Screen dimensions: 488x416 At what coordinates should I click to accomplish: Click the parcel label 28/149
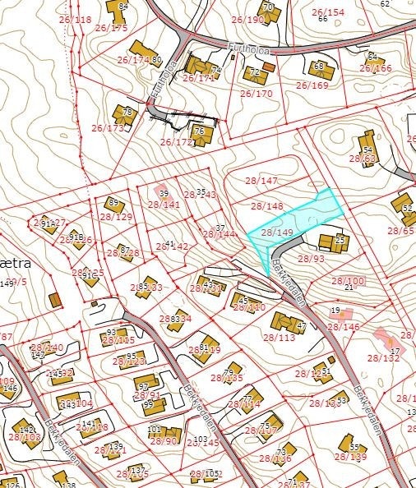[277, 232]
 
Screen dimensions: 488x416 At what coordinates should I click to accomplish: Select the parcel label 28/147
[263, 180]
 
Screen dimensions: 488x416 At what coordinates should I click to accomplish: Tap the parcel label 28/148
[266, 206]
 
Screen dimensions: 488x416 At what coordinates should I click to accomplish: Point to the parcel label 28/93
[311, 259]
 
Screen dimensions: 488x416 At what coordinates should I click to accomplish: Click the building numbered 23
[340, 242]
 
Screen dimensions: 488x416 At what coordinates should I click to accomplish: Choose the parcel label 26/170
[256, 94]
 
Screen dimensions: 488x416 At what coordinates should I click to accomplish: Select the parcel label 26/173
[108, 128]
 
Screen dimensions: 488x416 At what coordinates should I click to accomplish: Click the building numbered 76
[198, 131]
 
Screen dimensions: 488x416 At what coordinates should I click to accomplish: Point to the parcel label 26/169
[312, 85]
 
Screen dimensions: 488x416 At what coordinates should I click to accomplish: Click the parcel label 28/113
[279, 337]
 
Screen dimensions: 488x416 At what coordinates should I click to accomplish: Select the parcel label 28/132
[383, 358]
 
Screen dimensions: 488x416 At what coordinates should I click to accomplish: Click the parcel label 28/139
[351, 457]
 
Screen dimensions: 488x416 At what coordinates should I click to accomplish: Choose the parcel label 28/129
[117, 217]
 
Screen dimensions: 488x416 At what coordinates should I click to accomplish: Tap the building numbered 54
[367, 151]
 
